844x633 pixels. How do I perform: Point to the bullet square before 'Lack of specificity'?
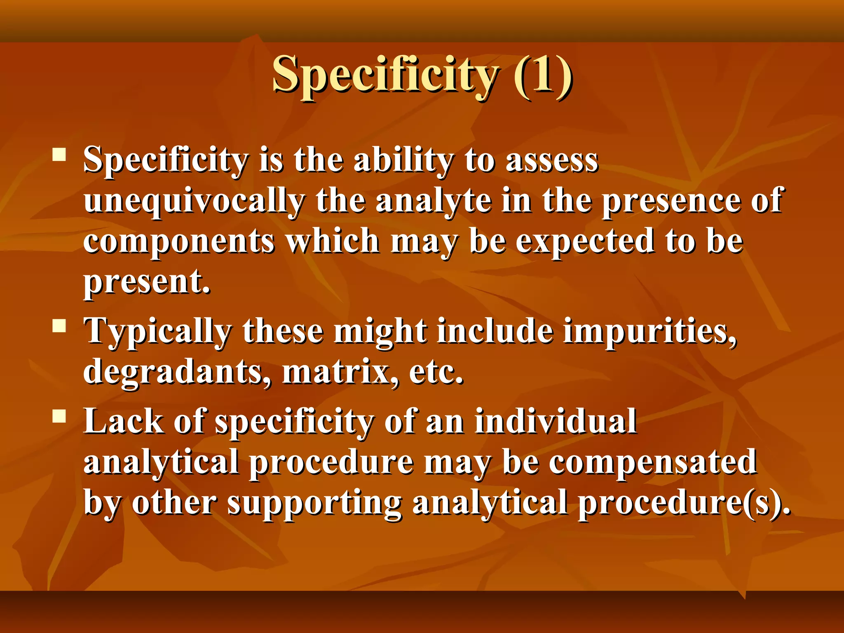(x=59, y=416)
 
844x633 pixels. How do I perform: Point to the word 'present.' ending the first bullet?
(x=147, y=283)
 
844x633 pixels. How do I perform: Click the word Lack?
(x=123, y=421)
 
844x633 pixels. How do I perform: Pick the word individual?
(x=555, y=421)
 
